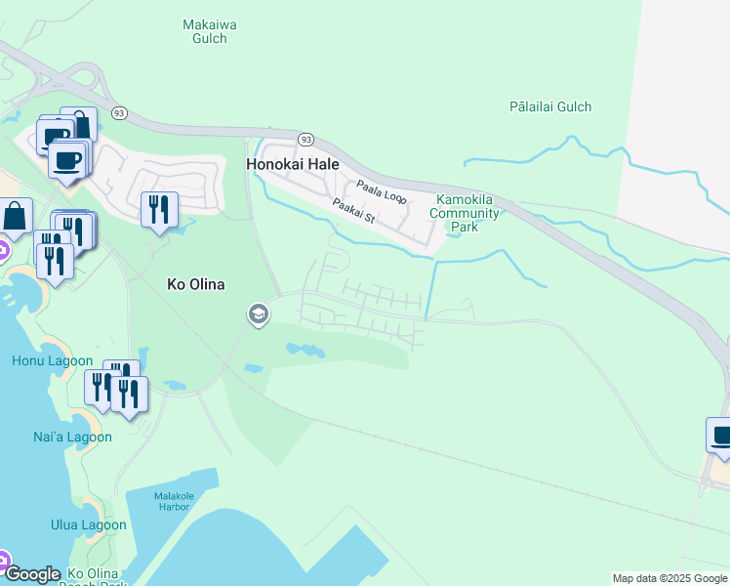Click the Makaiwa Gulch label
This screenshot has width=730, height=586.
tap(211, 31)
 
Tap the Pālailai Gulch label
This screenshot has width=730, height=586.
tap(550, 106)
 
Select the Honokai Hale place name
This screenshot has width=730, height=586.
tap(293, 165)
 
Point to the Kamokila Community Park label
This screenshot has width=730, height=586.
tap(467, 213)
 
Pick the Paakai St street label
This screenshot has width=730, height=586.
tap(353, 210)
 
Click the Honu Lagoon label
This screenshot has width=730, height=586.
tap(43, 360)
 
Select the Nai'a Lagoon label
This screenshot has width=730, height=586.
tap(72, 437)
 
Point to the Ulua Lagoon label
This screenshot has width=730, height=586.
tap(89, 524)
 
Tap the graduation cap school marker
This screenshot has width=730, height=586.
tap(258, 314)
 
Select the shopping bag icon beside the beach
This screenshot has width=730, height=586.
tap(17, 215)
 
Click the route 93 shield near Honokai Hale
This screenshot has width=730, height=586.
tap(305, 140)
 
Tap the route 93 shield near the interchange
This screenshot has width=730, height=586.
tap(119, 112)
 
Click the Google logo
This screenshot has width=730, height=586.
tap(32, 574)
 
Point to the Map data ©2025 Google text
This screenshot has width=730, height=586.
tap(670, 578)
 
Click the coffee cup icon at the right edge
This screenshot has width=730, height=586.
tap(720, 436)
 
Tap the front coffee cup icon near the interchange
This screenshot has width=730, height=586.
tap(67, 159)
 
